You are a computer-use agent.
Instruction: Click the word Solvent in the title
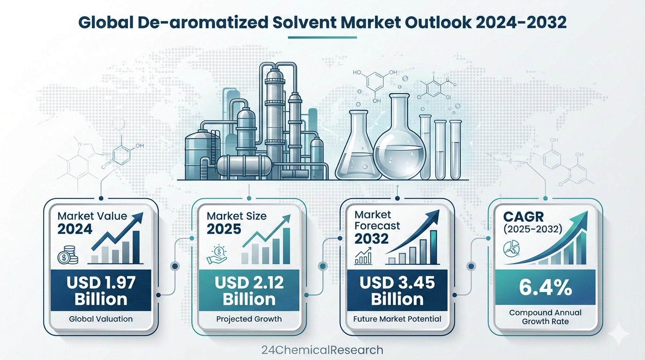click(305, 22)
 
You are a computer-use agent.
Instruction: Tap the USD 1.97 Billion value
click(101, 291)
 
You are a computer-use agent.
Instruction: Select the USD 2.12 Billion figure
click(249, 291)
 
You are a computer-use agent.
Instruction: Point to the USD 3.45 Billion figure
click(397, 291)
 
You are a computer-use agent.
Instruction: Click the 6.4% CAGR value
click(545, 287)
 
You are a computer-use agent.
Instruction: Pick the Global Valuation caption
click(101, 319)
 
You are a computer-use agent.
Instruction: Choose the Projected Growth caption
click(249, 319)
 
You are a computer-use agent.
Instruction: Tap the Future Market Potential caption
click(397, 319)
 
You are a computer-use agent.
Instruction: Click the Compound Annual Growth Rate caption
click(545, 317)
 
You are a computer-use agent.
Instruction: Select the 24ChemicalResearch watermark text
click(322, 350)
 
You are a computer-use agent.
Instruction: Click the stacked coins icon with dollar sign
click(68, 255)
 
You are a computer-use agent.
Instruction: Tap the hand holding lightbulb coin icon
click(217, 255)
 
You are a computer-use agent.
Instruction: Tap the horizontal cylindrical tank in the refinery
click(244, 166)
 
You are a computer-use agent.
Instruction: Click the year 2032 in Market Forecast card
click(371, 239)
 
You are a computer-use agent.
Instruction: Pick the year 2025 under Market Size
click(224, 229)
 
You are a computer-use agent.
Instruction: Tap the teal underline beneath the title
click(322, 37)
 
